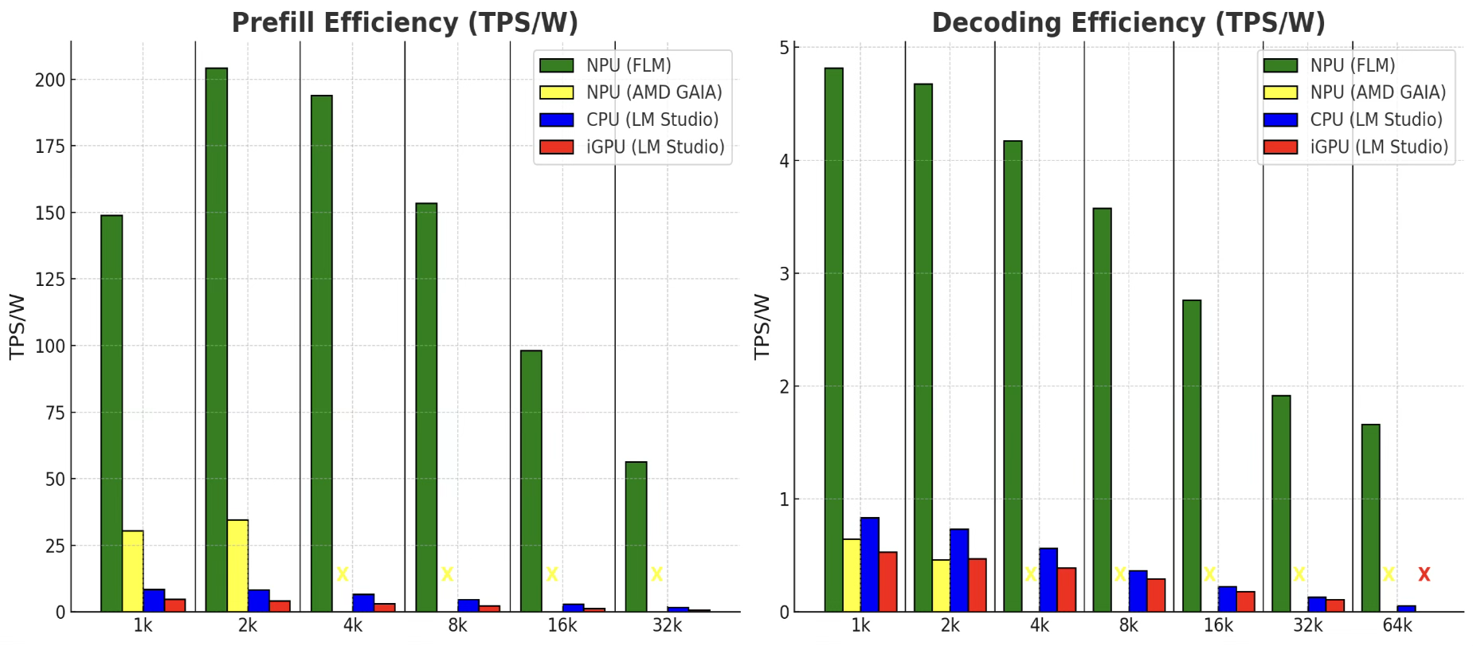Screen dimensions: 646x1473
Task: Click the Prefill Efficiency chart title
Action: tap(405, 22)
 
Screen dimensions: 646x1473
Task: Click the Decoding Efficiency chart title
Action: tap(1128, 22)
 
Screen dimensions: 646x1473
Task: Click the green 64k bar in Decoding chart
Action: tap(1370, 518)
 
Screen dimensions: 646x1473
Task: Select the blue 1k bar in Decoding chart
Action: tap(869, 565)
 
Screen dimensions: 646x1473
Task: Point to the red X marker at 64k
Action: tap(1424, 574)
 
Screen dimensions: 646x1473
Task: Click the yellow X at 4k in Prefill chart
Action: tap(343, 574)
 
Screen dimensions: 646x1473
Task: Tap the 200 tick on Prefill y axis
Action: tap(49, 80)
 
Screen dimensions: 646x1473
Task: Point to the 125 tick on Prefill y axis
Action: tap(49, 280)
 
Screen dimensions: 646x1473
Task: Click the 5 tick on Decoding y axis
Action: tap(784, 48)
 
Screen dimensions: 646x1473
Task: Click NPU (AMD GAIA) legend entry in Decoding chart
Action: tap(1377, 92)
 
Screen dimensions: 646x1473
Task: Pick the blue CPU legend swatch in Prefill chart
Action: tap(556, 119)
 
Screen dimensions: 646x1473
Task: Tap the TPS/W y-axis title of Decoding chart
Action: tap(762, 327)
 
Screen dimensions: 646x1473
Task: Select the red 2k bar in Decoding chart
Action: tap(977, 585)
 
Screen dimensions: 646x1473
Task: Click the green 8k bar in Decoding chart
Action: tap(1102, 410)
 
